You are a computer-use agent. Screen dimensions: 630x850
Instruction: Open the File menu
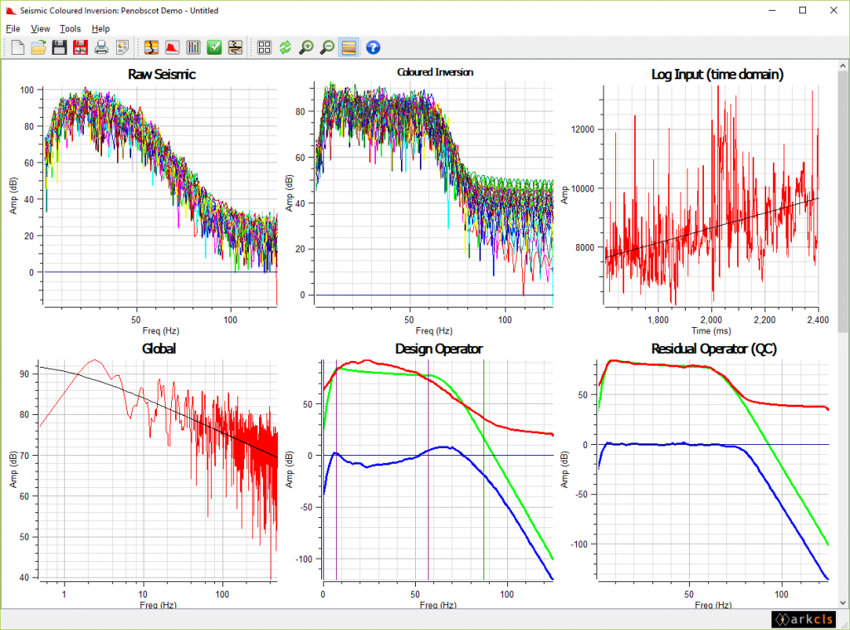click(12, 28)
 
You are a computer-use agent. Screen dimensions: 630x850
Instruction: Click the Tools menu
click(71, 28)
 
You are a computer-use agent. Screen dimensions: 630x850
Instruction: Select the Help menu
click(100, 28)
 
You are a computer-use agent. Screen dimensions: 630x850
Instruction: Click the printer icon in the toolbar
click(101, 47)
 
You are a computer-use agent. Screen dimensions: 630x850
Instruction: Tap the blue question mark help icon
click(373, 47)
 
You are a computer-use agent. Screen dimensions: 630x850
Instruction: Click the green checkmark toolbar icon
click(214, 47)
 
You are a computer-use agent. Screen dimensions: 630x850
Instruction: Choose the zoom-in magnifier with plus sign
click(306, 47)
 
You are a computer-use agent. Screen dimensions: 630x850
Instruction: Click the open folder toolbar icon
click(38, 47)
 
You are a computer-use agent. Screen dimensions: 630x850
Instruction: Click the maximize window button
click(803, 10)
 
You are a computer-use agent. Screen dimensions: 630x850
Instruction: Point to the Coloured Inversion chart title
click(435, 72)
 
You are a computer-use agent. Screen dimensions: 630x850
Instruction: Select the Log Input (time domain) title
click(717, 75)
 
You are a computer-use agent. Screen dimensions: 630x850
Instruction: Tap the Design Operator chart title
click(438, 349)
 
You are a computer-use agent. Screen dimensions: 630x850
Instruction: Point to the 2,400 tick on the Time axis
click(818, 319)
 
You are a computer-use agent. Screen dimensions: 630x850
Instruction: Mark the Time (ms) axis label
click(711, 330)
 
